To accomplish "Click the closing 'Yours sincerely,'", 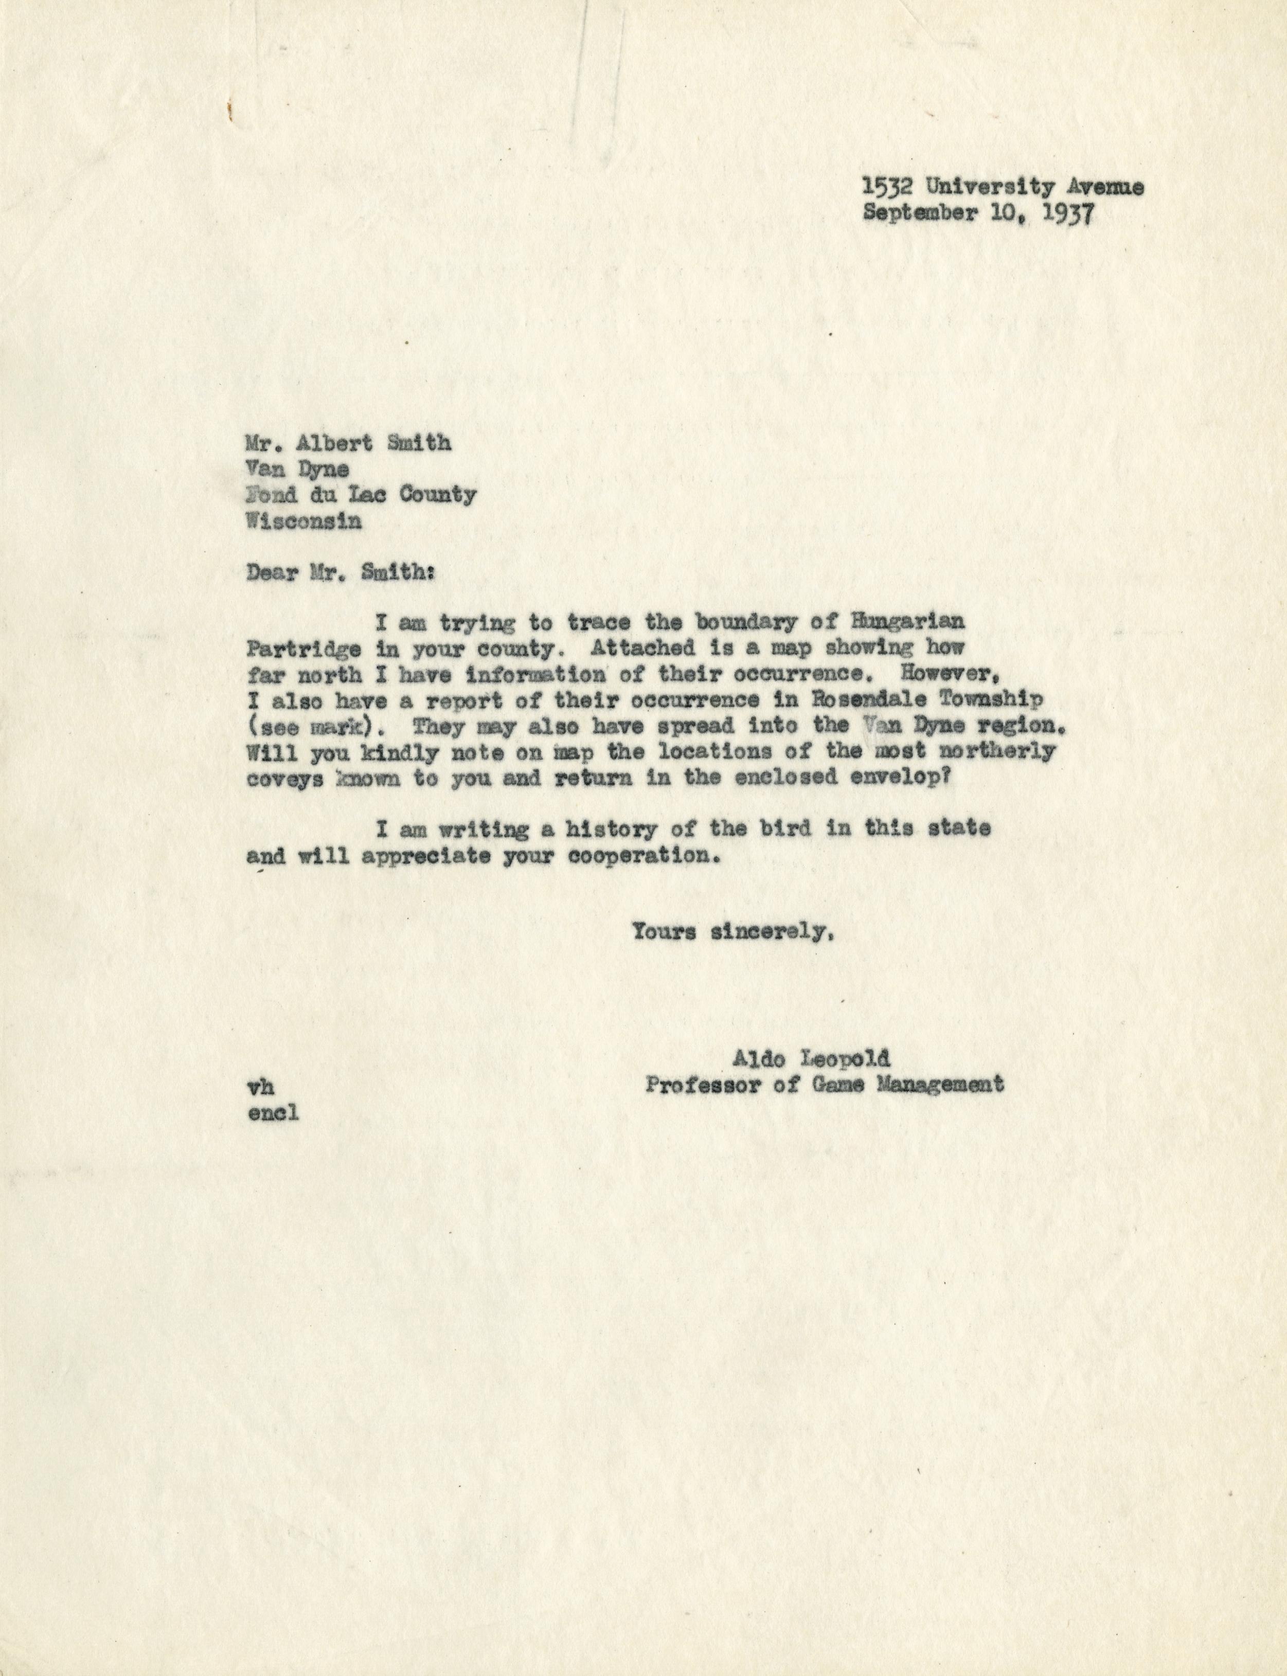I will coord(731,932).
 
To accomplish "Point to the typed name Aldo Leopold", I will coord(811,1059).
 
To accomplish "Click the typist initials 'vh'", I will coord(261,1086).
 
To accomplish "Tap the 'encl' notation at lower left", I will coord(273,1112).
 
